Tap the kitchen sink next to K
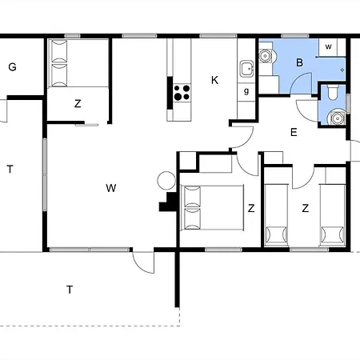(x=246, y=69)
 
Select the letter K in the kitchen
(x=214, y=79)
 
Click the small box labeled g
(x=246, y=90)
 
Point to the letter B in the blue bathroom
(x=299, y=62)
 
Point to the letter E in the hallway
(x=294, y=133)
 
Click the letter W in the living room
(x=111, y=188)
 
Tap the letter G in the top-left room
(x=12, y=67)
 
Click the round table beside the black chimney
(x=166, y=180)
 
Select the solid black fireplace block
(x=169, y=203)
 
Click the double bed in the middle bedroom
(x=211, y=206)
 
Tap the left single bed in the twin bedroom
(x=276, y=213)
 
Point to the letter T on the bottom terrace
(x=70, y=289)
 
